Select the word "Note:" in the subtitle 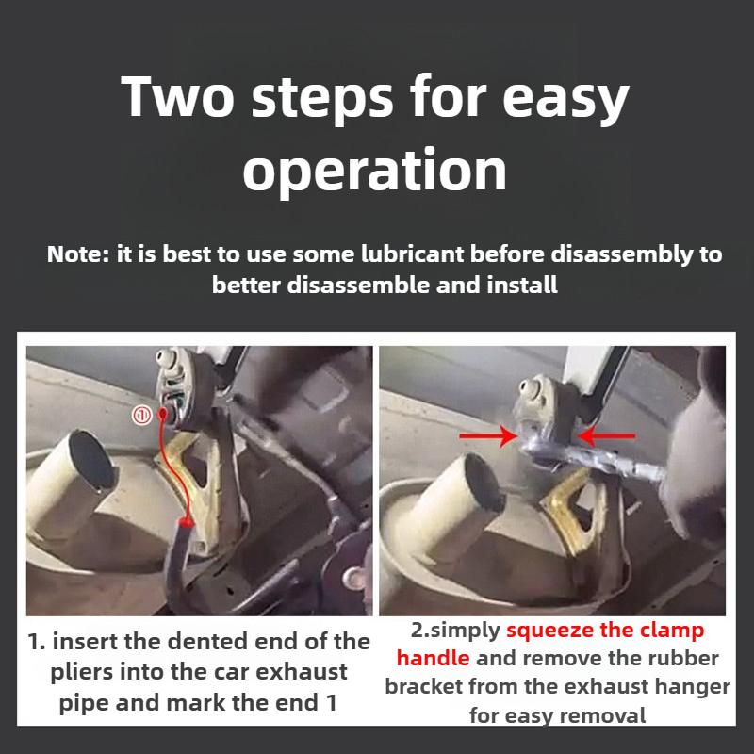coord(78,255)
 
